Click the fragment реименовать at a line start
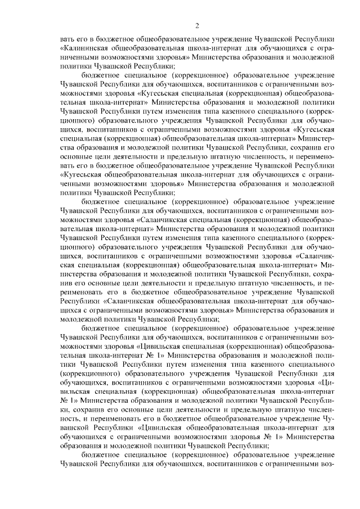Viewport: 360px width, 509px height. pyautogui.click(x=83, y=291)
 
